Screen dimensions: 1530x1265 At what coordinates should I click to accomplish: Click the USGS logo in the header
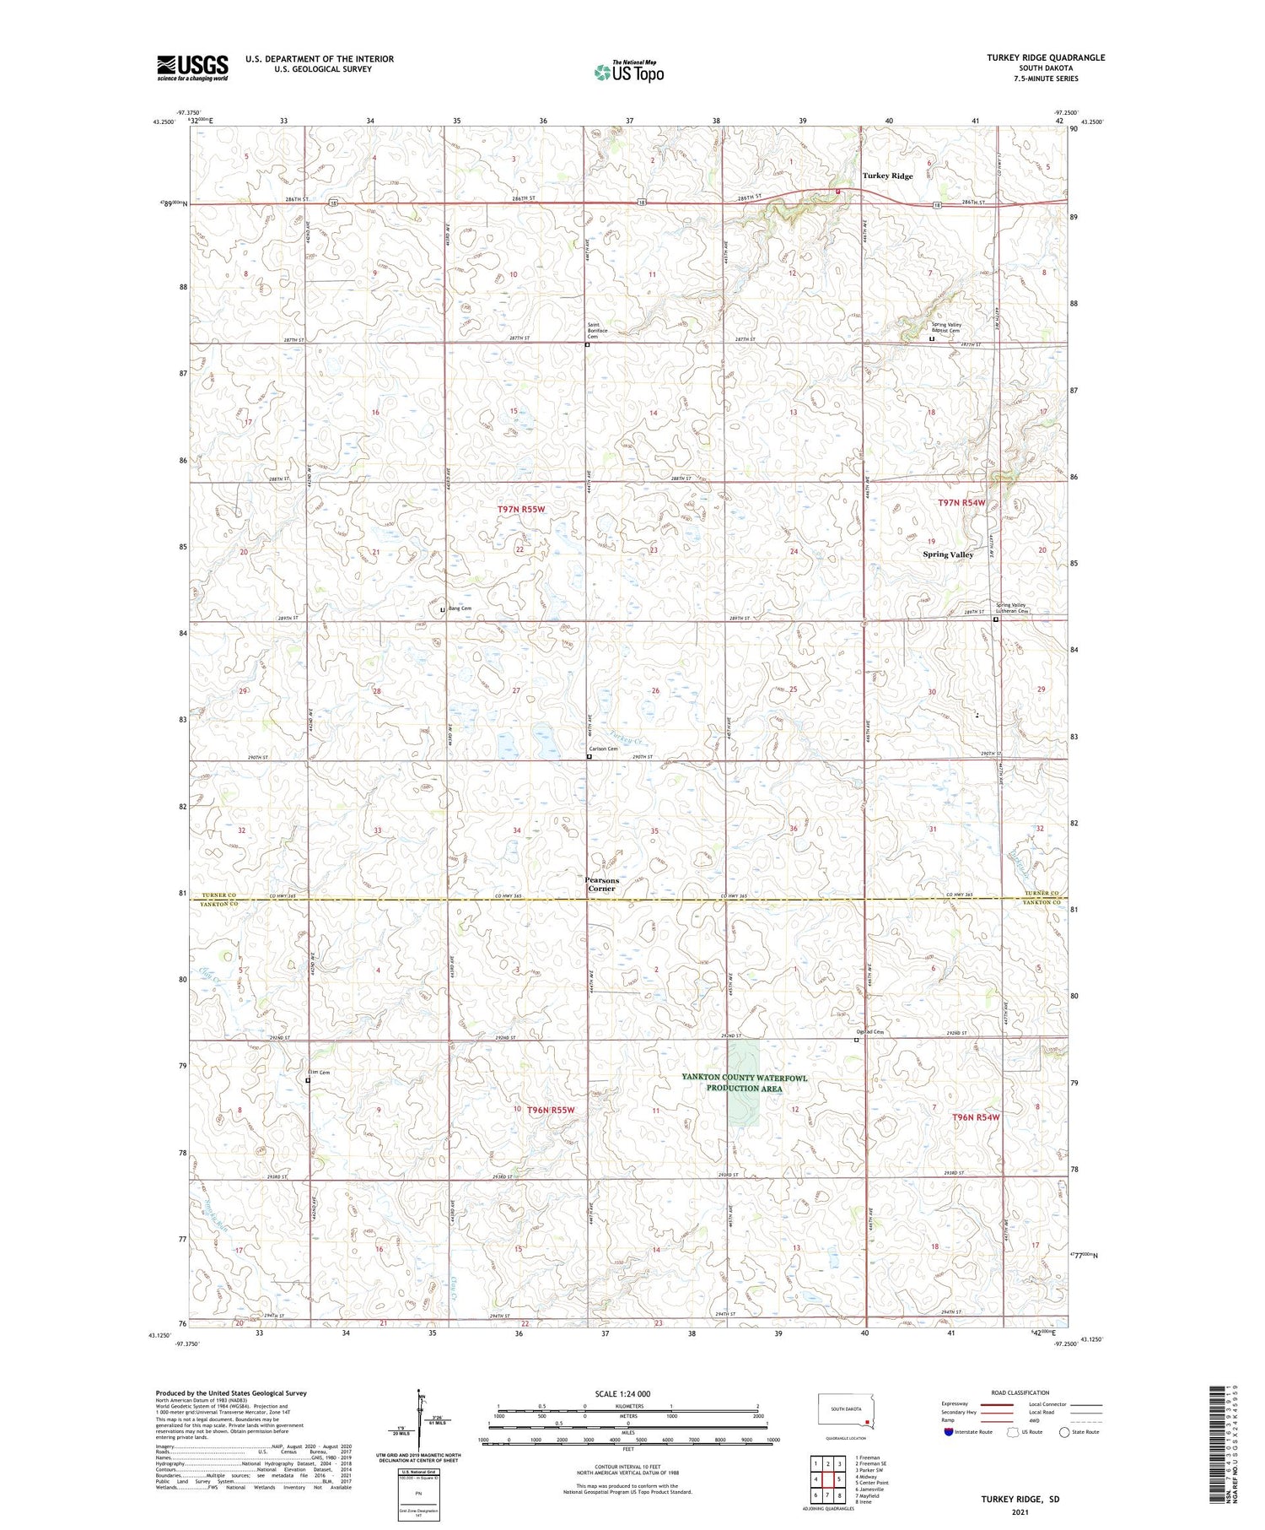click(192, 68)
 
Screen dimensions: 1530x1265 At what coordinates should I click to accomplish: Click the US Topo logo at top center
click(628, 72)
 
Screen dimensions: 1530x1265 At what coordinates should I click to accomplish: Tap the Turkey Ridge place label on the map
click(887, 176)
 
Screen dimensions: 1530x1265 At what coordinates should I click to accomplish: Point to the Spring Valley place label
click(948, 554)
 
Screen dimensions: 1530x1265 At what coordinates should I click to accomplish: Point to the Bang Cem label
click(460, 608)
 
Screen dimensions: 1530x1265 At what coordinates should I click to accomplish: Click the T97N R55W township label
click(521, 509)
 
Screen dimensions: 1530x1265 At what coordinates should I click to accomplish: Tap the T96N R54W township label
click(975, 1116)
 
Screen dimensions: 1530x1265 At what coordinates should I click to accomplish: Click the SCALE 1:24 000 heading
click(627, 1393)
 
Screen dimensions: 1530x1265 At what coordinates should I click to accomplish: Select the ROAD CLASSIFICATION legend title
click(1020, 1392)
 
